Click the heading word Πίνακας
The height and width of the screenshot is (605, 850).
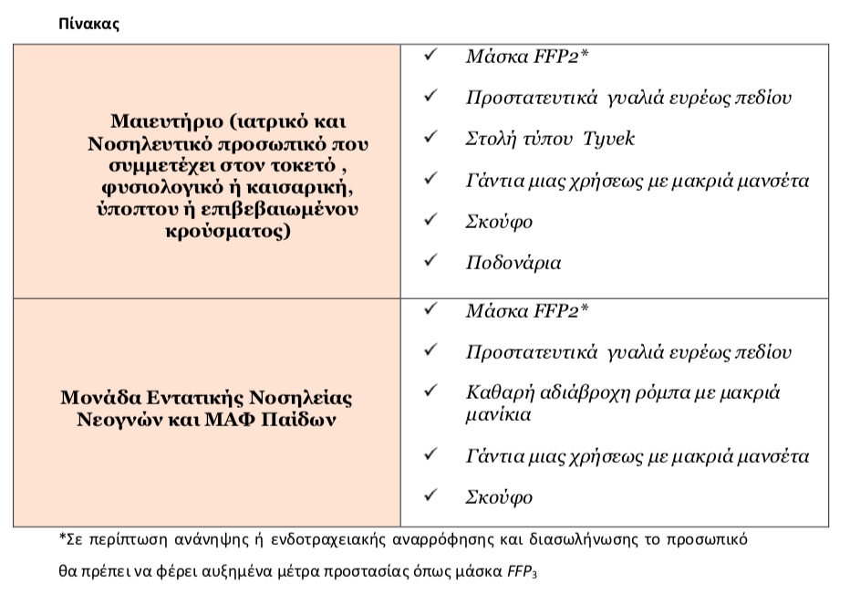pos(88,24)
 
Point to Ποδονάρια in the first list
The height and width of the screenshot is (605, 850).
pos(513,263)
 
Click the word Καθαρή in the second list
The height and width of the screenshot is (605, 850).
pos(497,393)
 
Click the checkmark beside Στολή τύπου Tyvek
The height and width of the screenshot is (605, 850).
pos(430,137)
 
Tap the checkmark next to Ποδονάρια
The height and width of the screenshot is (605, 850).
pos(430,261)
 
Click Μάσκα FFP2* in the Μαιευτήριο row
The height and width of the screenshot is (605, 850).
pos(527,57)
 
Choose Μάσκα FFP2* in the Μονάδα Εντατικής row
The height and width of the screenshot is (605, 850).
pos(527,311)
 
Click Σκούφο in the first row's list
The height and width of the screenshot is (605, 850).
pos(499,222)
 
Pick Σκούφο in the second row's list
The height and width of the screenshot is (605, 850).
pos(499,497)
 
